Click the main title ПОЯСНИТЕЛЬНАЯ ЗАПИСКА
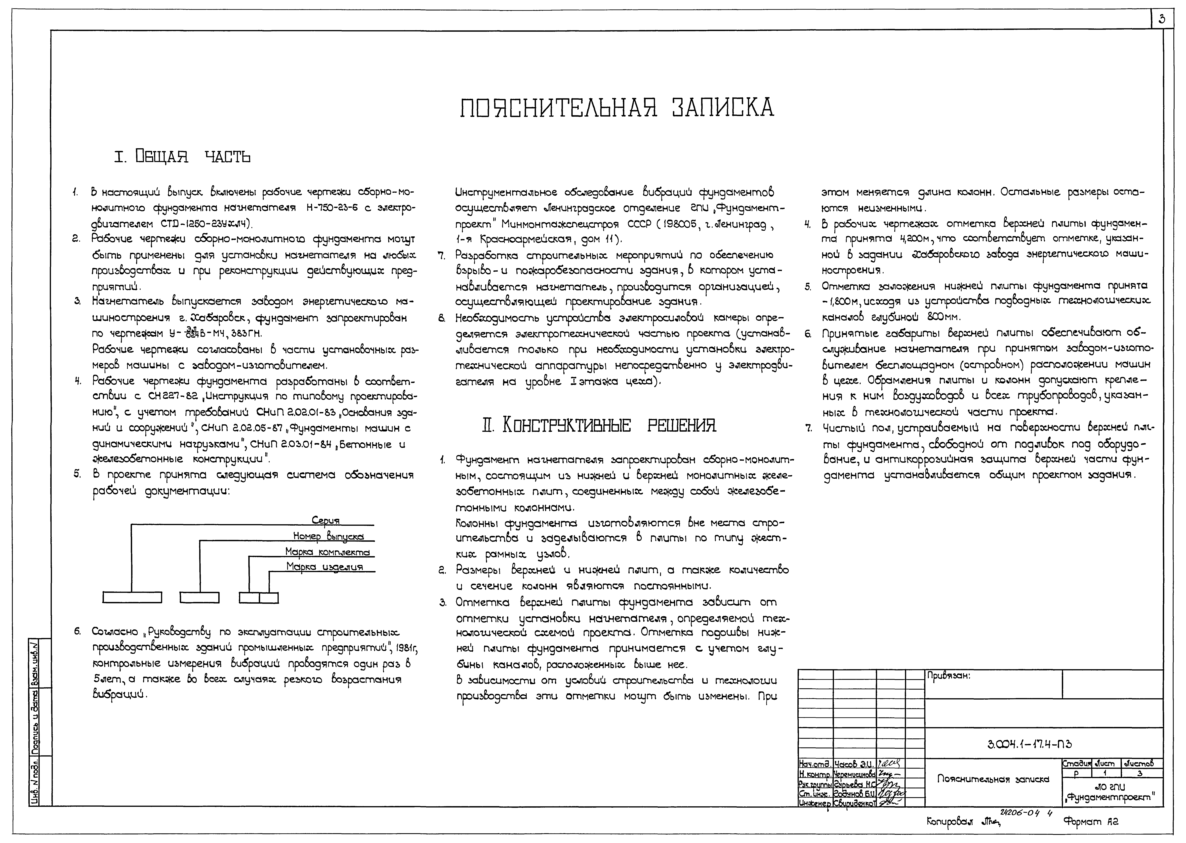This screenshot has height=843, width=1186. click(x=617, y=107)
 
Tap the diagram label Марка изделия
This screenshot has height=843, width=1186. click(x=324, y=567)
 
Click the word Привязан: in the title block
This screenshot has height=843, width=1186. click(x=948, y=676)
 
